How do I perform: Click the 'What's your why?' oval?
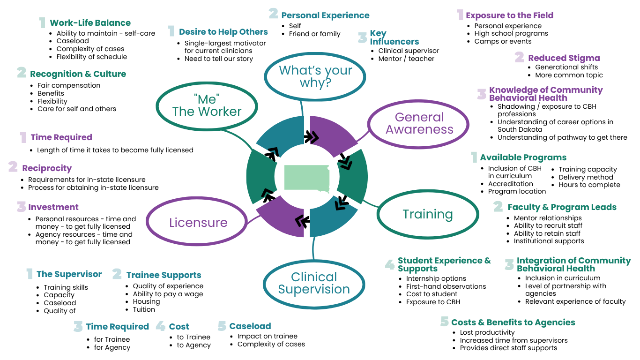(315, 77)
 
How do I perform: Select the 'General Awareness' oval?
(419, 123)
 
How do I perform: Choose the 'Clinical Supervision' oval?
(313, 283)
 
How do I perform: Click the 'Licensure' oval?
(198, 222)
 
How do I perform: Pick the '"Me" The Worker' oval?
(207, 105)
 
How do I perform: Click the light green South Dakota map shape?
(307, 178)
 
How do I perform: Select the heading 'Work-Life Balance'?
(90, 23)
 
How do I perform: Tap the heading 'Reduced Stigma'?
(564, 58)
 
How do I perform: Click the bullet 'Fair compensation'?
(69, 85)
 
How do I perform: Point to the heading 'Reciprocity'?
(47, 168)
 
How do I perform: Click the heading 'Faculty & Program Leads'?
(562, 207)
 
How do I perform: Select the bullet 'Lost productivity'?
(487, 332)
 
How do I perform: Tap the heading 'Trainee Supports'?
(164, 275)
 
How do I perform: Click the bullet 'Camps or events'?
(503, 41)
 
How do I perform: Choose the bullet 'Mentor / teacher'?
(406, 59)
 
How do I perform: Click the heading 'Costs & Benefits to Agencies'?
(513, 322)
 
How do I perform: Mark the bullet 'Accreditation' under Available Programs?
(510, 184)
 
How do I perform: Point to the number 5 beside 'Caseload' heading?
(222, 326)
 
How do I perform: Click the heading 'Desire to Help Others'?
(223, 32)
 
